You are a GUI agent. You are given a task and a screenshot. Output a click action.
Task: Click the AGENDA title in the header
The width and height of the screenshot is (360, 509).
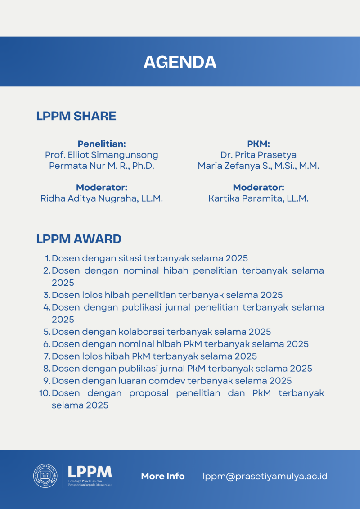pos(180,62)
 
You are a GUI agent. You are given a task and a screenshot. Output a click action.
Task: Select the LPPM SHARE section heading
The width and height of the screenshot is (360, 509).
pos(76,116)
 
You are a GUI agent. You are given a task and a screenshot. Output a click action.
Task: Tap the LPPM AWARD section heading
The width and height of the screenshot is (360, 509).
pos(79,239)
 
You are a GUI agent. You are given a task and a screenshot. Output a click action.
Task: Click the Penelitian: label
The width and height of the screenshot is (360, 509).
pos(102,144)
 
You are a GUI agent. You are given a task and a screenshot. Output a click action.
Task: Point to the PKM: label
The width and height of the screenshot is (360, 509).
pos(258,144)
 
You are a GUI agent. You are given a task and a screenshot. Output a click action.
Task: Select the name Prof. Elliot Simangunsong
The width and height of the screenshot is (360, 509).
pos(102,155)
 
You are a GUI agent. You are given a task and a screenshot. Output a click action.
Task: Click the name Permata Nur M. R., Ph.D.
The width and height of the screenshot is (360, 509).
pos(102,166)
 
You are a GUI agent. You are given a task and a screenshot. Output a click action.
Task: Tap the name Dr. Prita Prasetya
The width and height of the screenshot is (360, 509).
pos(258,155)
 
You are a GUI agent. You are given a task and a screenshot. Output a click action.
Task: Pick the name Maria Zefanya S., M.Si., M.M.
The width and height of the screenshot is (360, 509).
pos(258,166)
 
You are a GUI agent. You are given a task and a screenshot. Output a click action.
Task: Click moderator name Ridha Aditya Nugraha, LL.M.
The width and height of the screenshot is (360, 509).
pos(102,198)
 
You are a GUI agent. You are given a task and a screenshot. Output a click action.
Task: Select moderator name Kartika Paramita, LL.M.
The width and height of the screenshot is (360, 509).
pos(258,198)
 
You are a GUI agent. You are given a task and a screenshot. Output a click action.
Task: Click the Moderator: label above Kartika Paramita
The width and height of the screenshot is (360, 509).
pos(258,188)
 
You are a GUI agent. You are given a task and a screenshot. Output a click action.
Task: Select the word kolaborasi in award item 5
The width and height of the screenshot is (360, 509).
pos(141,332)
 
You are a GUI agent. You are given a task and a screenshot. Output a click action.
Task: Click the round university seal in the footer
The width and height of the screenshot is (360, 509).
pos(45,476)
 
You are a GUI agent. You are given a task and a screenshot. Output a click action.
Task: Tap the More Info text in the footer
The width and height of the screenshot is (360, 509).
pos(163,476)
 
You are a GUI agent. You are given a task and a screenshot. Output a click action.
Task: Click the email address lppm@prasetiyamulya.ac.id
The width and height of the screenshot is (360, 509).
pos(265,476)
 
